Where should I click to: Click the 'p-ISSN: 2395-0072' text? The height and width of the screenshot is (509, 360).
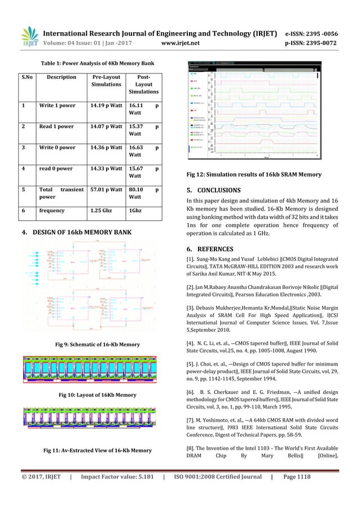(314, 41)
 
